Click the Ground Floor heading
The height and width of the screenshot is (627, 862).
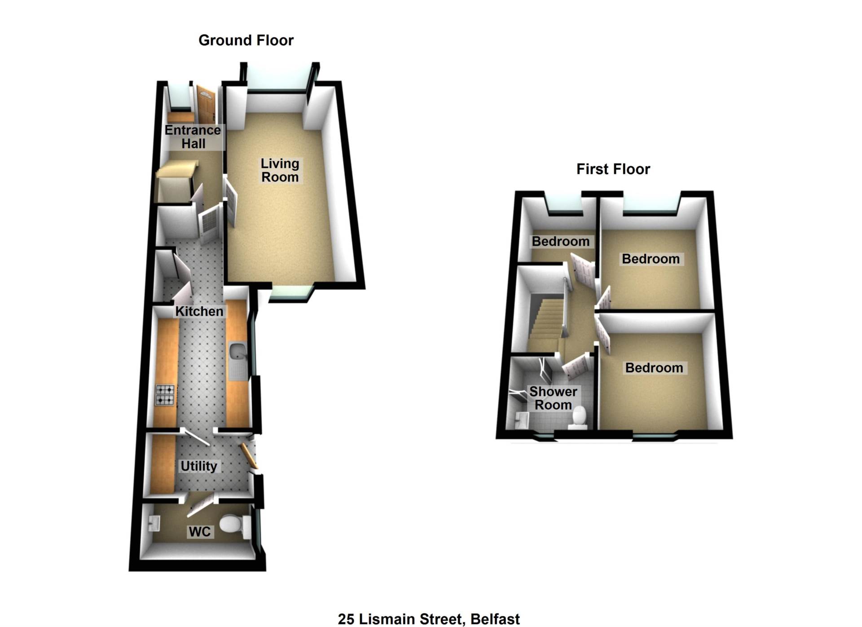point(246,40)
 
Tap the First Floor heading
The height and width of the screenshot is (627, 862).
point(613,169)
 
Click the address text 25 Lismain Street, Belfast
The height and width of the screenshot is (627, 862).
point(429,619)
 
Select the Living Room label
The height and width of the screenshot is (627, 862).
point(280,170)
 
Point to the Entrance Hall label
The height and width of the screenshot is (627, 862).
point(193,137)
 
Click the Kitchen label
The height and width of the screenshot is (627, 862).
point(199,311)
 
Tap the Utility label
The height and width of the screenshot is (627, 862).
point(198,466)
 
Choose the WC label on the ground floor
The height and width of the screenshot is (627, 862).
point(200,532)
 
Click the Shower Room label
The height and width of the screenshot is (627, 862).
point(553,398)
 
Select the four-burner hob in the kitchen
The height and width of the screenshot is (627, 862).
point(165,395)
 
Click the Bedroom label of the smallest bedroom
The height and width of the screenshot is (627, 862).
point(560,242)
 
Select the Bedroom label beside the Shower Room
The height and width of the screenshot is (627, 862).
point(654,368)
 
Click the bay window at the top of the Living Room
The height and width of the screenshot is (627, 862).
point(277,79)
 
